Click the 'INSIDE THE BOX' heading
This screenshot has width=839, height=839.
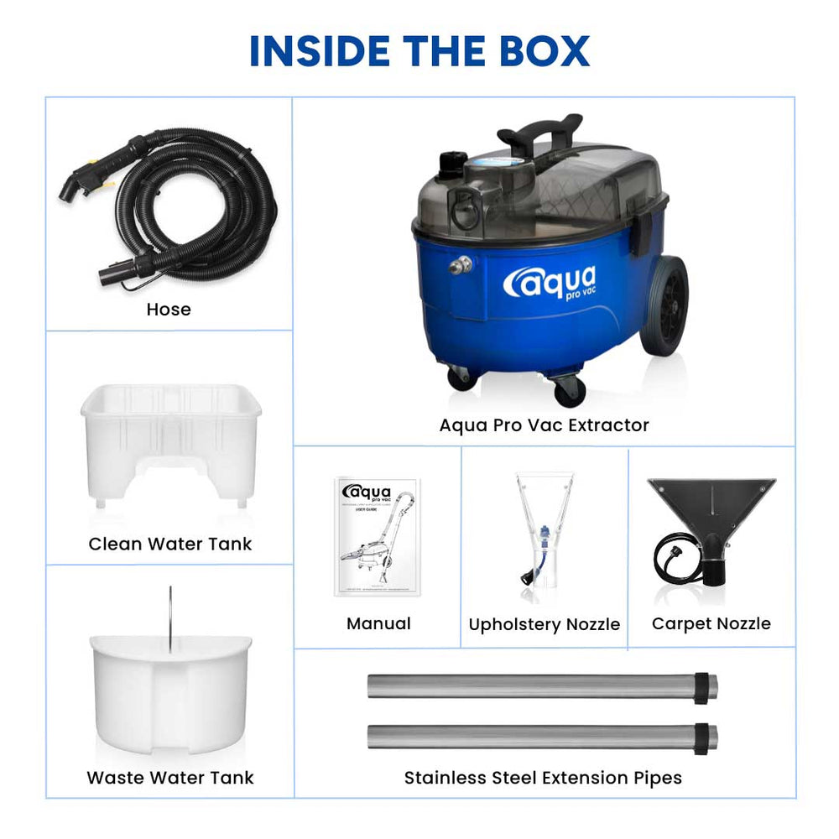click(419, 51)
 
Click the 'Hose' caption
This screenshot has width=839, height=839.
click(169, 310)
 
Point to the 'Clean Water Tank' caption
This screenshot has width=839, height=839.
click(170, 544)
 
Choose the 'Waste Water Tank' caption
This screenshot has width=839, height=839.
click(170, 778)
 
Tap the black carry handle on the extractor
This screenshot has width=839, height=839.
click(539, 131)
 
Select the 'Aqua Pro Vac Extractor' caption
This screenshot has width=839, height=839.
click(544, 425)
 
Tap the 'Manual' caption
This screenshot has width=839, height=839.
click(378, 623)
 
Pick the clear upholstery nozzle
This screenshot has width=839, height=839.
click(544, 537)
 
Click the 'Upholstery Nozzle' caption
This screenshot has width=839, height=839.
click(544, 625)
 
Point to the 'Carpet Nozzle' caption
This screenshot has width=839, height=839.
click(711, 623)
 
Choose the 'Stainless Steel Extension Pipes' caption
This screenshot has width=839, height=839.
click(543, 778)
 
